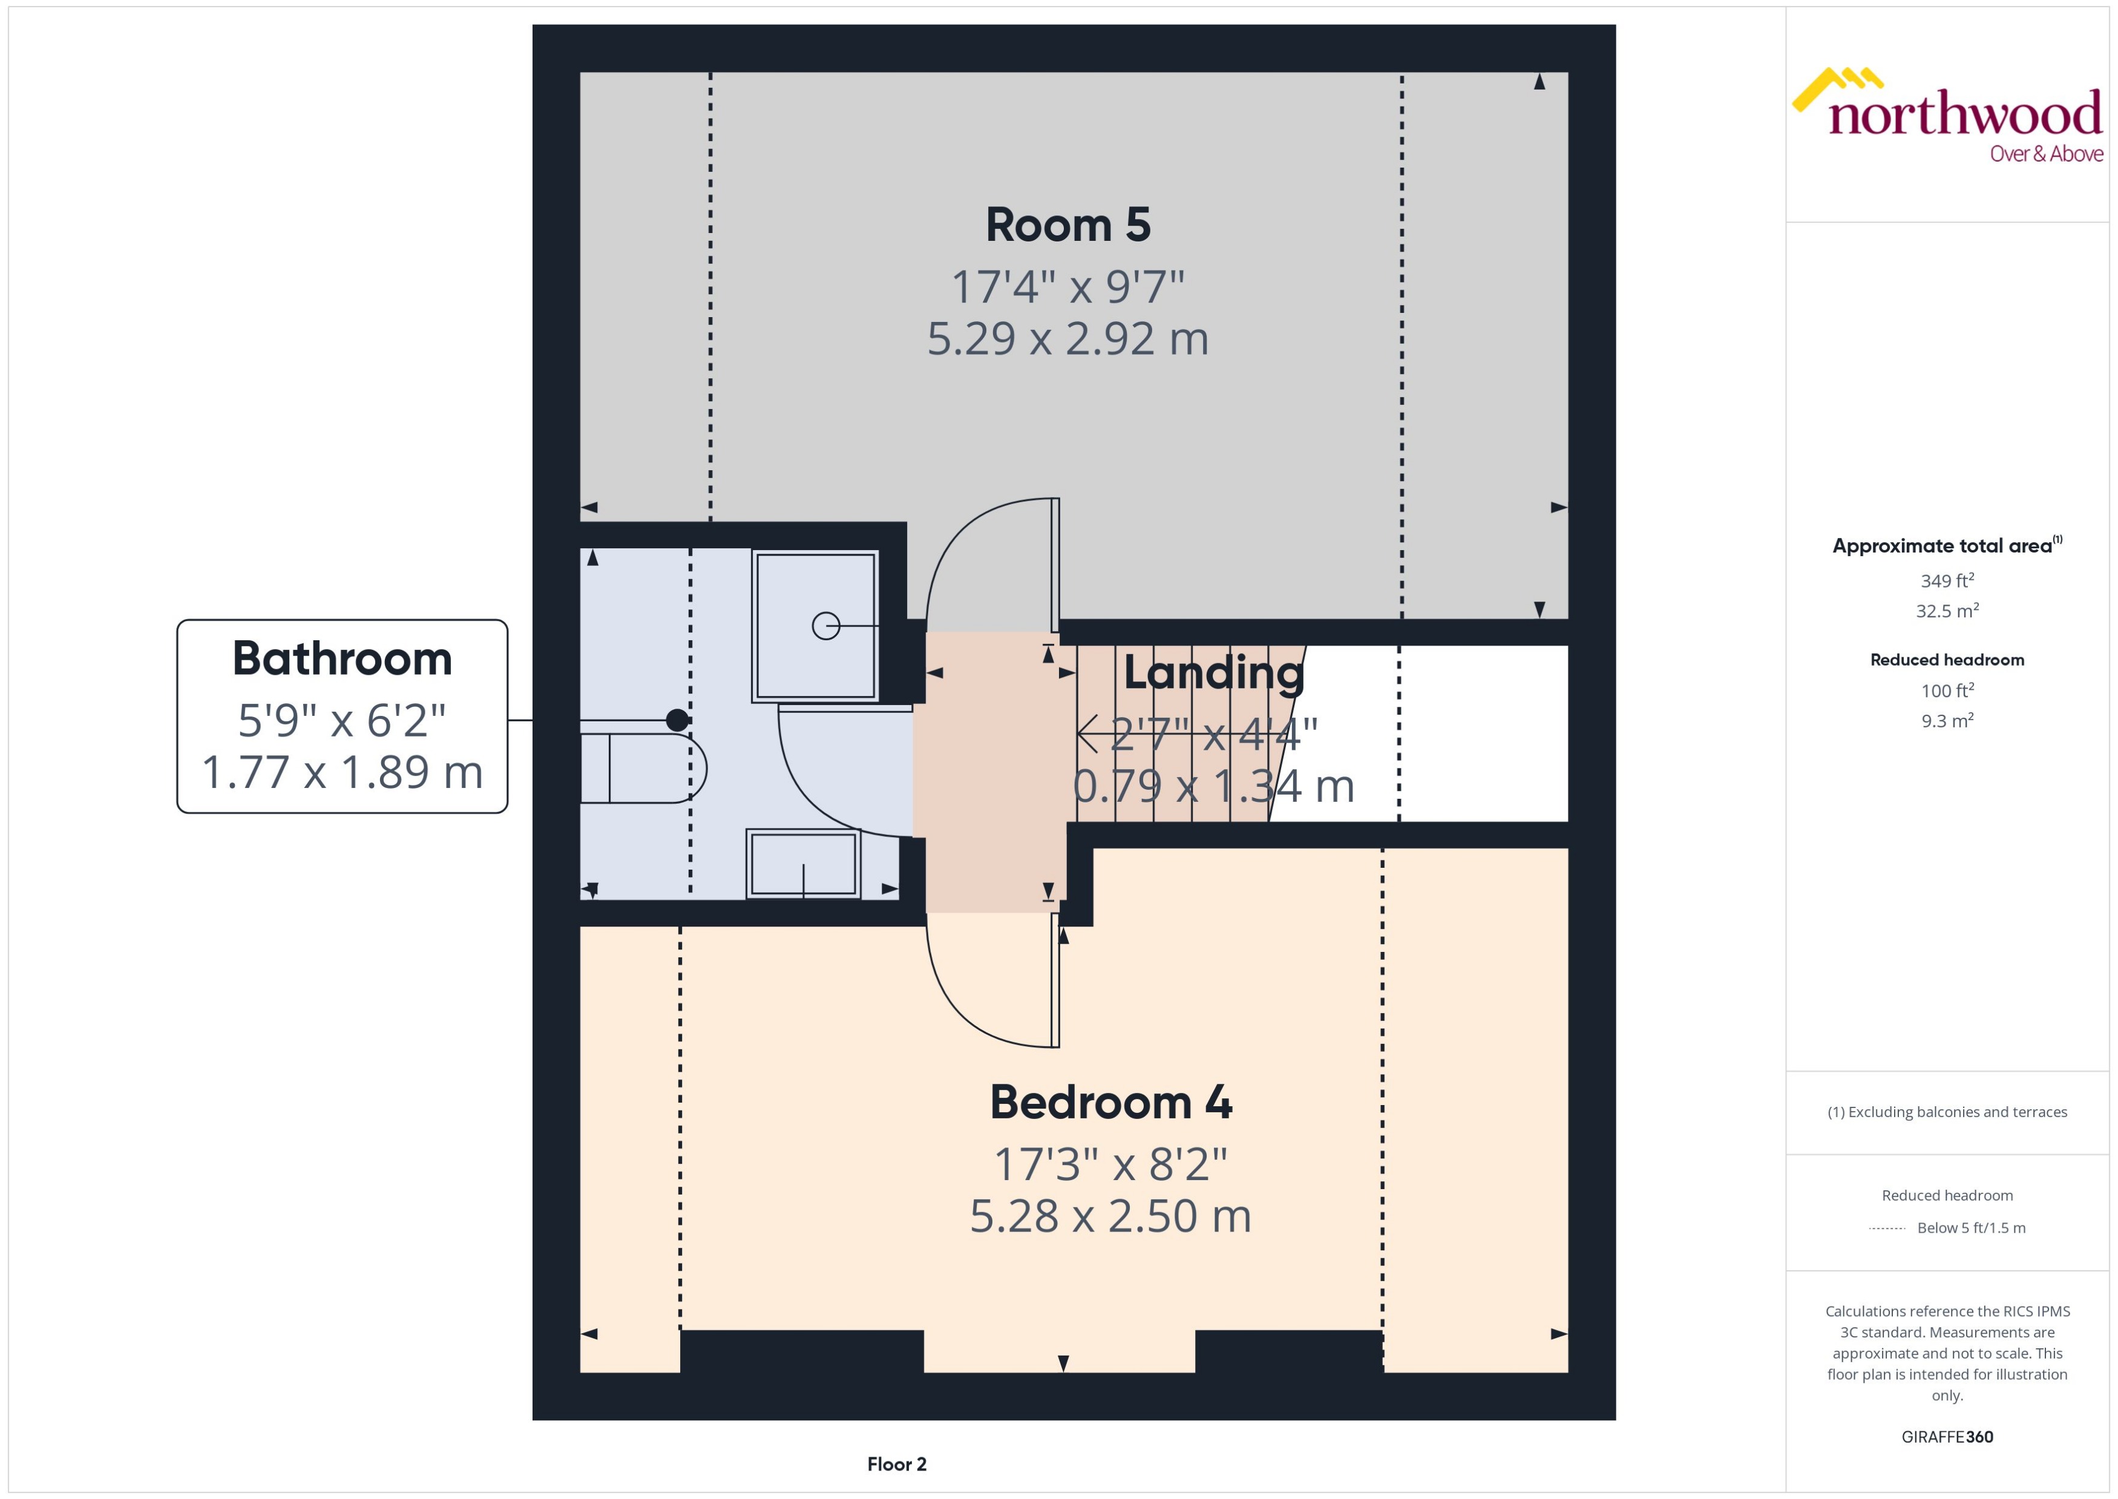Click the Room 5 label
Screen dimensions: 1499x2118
pos(1067,225)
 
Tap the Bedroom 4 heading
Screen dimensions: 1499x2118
pos(1110,1102)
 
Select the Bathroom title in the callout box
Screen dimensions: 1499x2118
pos(343,658)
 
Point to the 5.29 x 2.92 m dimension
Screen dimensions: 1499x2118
pos(1067,339)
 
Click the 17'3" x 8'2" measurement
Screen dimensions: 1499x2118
pos(1110,1164)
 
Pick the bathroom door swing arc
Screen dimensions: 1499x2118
pos(812,794)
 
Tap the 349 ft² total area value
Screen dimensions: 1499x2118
pos(1947,580)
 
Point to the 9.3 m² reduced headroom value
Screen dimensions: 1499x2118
pos(1947,721)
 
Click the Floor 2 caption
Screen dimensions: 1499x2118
pos(896,1464)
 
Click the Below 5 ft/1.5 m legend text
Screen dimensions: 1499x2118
pos(1972,1228)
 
